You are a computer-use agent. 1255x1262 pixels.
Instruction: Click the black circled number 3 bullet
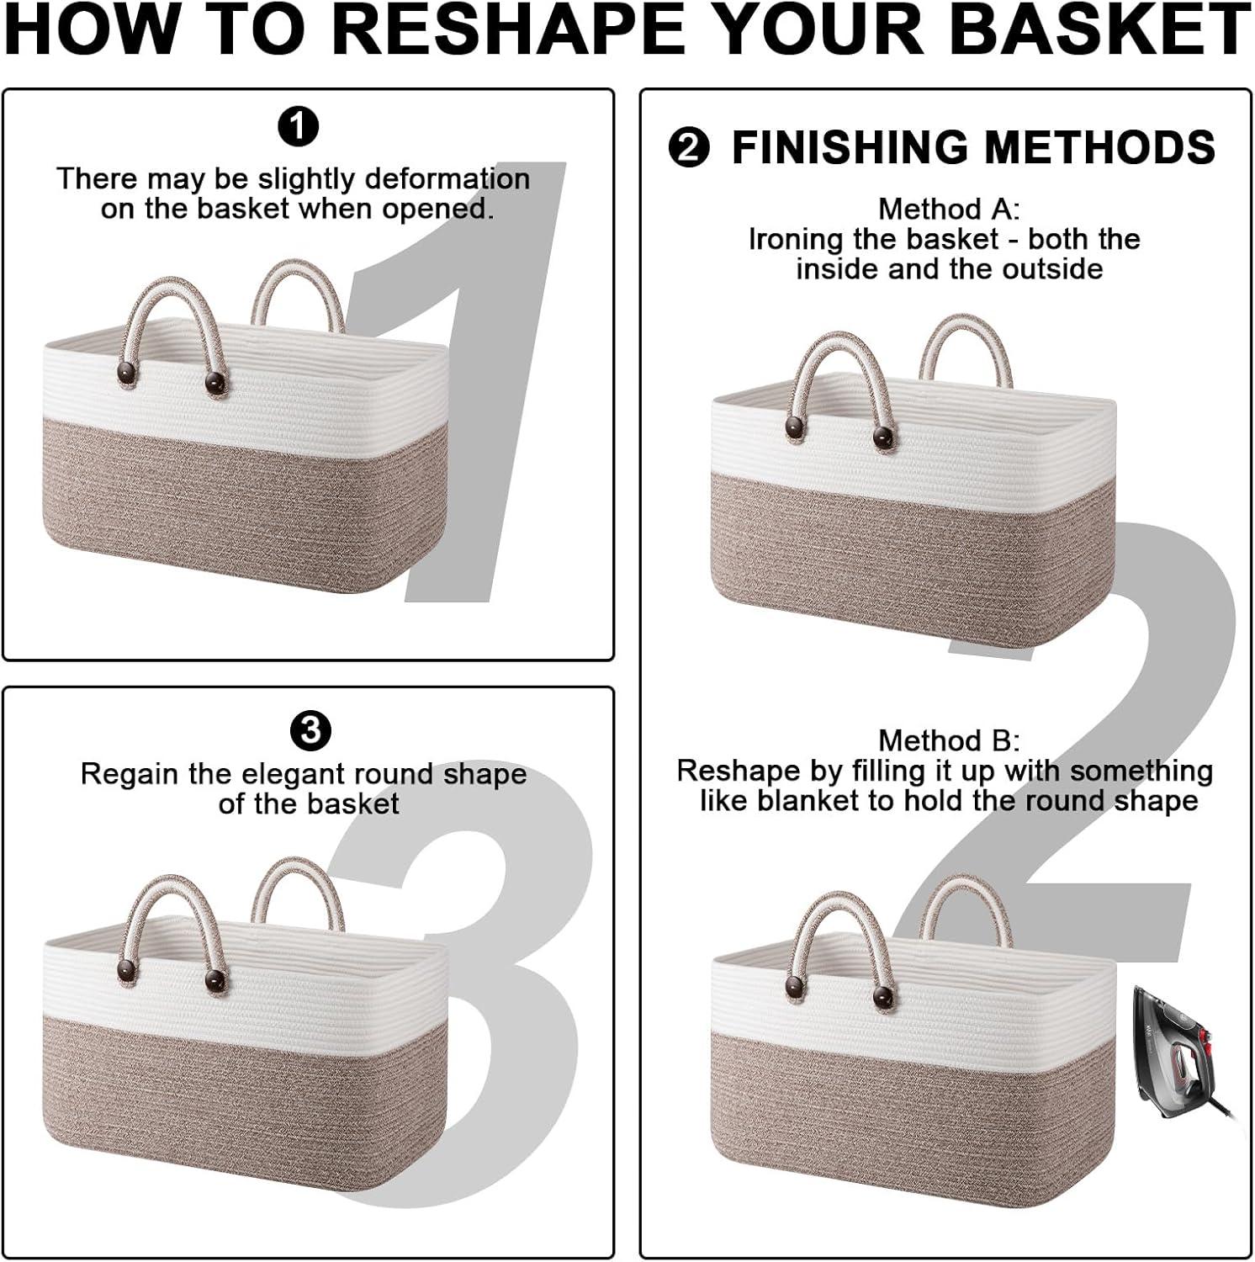pyautogui.click(x=310, y=731)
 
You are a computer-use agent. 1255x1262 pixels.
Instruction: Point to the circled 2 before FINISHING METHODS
pyautogui.click(x=689, y=148)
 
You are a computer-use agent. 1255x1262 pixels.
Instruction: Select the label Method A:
pyautogui.click(x=949, y=209)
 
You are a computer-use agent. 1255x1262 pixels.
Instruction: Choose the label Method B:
pyautogui.click(x=949, y=740)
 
